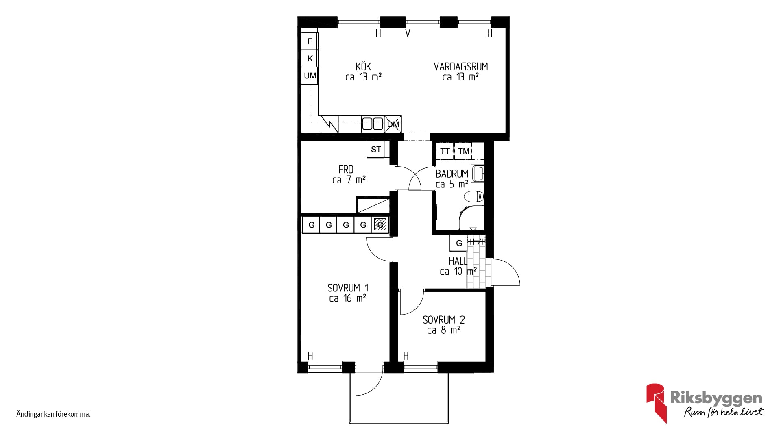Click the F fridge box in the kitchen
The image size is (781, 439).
click(x=310, y=41)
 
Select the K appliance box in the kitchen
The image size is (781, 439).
click(x=310, y=59)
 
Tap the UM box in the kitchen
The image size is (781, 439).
click(x=310, y=76)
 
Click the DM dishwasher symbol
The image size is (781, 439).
click(x=393, y=124)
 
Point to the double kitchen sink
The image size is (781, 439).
click(x=373, y=124)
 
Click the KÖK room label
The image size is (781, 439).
click(x=363, y=66)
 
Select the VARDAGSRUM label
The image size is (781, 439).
click(x=460, y=66)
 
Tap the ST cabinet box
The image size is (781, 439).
click(x=375, y=149)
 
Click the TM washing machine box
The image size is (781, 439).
click(x=464, y=151)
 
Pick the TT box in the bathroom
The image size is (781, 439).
click(x=445, y=151)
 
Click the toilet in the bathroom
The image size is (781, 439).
click(x=474, y=197)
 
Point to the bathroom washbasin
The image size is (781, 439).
click(x=478, y=173)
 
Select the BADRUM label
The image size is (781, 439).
click(x=452, y=174)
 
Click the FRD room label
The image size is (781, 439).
click(x=346, y=169)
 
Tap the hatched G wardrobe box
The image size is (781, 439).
click(x=380, y=224)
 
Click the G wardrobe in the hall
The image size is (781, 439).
click(x=459, y=243)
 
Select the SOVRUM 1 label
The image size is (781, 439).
click(x=348, y=288)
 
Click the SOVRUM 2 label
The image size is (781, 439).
click(x=443, y=319)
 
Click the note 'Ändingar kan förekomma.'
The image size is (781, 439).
click(x=53, y=415)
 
